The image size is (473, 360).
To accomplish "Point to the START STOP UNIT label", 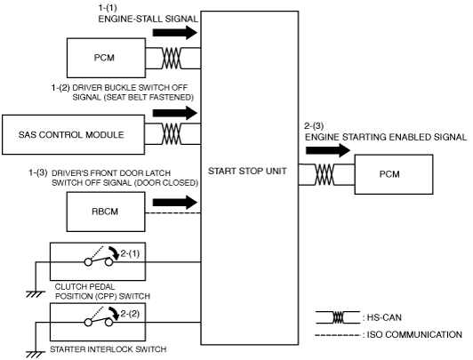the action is coord(247,171).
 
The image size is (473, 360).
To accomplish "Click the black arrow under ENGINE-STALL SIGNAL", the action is coord(175,33).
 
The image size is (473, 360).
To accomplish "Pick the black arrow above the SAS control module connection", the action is coord(175,113).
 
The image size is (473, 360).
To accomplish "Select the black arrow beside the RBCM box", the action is coord(175,203).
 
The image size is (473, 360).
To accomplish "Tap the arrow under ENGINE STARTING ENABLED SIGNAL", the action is coord(328,150).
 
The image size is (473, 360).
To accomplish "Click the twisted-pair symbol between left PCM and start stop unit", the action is coord(172,58).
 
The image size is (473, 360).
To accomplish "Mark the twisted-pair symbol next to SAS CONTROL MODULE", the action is coord(172,133).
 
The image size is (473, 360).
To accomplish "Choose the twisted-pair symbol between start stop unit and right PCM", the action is coord(325,174).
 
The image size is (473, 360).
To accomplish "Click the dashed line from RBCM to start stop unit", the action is coord(173,212).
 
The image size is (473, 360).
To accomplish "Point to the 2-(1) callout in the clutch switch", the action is coord(130,253).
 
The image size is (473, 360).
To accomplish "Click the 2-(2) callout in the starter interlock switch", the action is coord(130,314).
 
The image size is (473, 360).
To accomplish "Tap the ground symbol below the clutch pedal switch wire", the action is coord(36,294).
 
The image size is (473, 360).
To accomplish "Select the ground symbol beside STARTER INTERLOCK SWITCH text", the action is coord(36,355).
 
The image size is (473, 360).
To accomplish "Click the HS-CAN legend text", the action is coord(384,317).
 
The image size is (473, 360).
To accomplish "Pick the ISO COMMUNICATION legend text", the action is coord(414,335).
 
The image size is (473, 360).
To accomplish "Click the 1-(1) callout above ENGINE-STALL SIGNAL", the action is coord(108,7).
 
